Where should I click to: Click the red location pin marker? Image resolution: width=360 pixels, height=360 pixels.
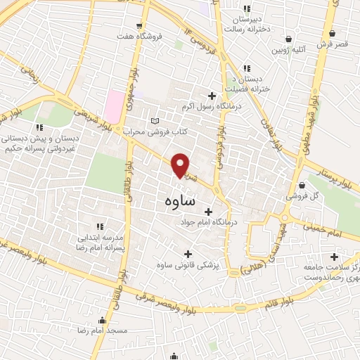(181, 165)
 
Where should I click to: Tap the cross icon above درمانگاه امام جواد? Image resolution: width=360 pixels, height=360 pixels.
(208, 211)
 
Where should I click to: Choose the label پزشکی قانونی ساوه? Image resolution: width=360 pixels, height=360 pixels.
(187, 265)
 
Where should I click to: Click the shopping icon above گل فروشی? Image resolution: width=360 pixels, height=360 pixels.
(301, 185)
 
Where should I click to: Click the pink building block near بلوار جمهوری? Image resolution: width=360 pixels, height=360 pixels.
(115, 105)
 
